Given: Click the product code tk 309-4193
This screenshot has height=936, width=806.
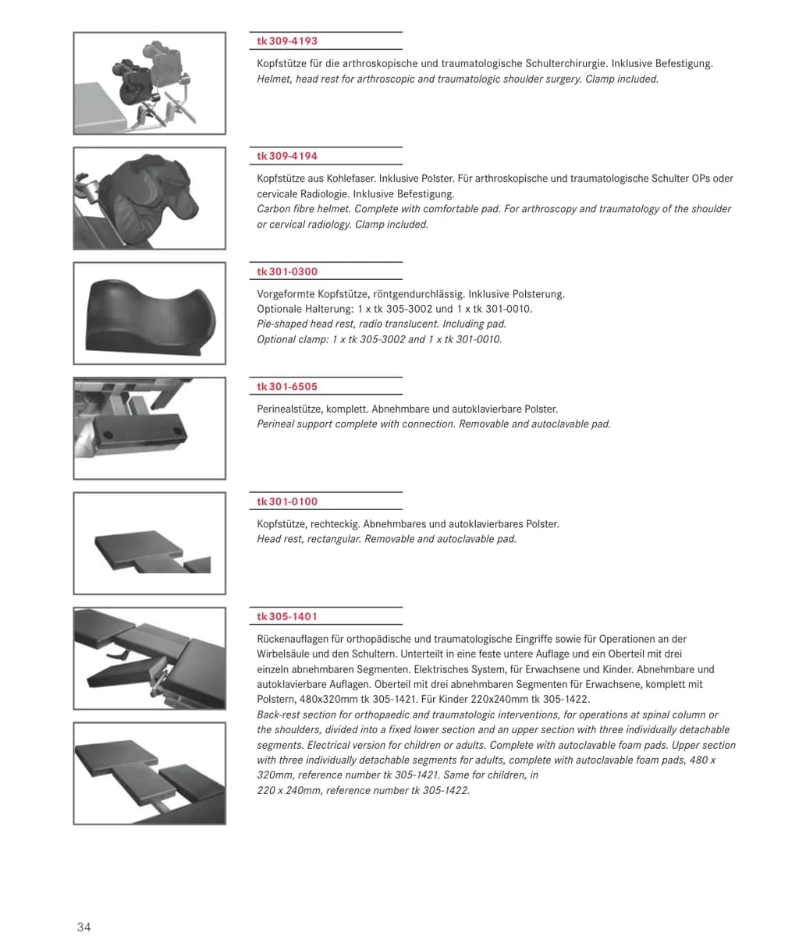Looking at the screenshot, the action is tap(287, 41).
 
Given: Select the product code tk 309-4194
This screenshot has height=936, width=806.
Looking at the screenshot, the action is tap(287, 156).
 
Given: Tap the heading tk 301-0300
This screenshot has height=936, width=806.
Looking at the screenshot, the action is tap(287, 271).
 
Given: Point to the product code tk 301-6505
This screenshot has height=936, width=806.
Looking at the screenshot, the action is tap(287, 386).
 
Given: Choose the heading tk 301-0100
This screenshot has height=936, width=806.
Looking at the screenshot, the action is tap(287, 502).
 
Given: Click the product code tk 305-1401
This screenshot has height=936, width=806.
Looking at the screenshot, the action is tap(287, 616).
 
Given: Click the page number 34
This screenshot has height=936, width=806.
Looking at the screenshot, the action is tap(83, 927).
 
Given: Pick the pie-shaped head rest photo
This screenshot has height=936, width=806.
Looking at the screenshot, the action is tap(150, 314).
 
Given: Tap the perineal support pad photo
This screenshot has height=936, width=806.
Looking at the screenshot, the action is tap(150, 428).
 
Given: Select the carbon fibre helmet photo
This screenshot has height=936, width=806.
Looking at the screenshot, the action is tap(150, 198).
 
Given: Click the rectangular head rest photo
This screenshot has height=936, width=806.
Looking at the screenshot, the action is tap(150, 544).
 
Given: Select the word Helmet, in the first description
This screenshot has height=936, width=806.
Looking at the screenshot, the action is tap(275, 80).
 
